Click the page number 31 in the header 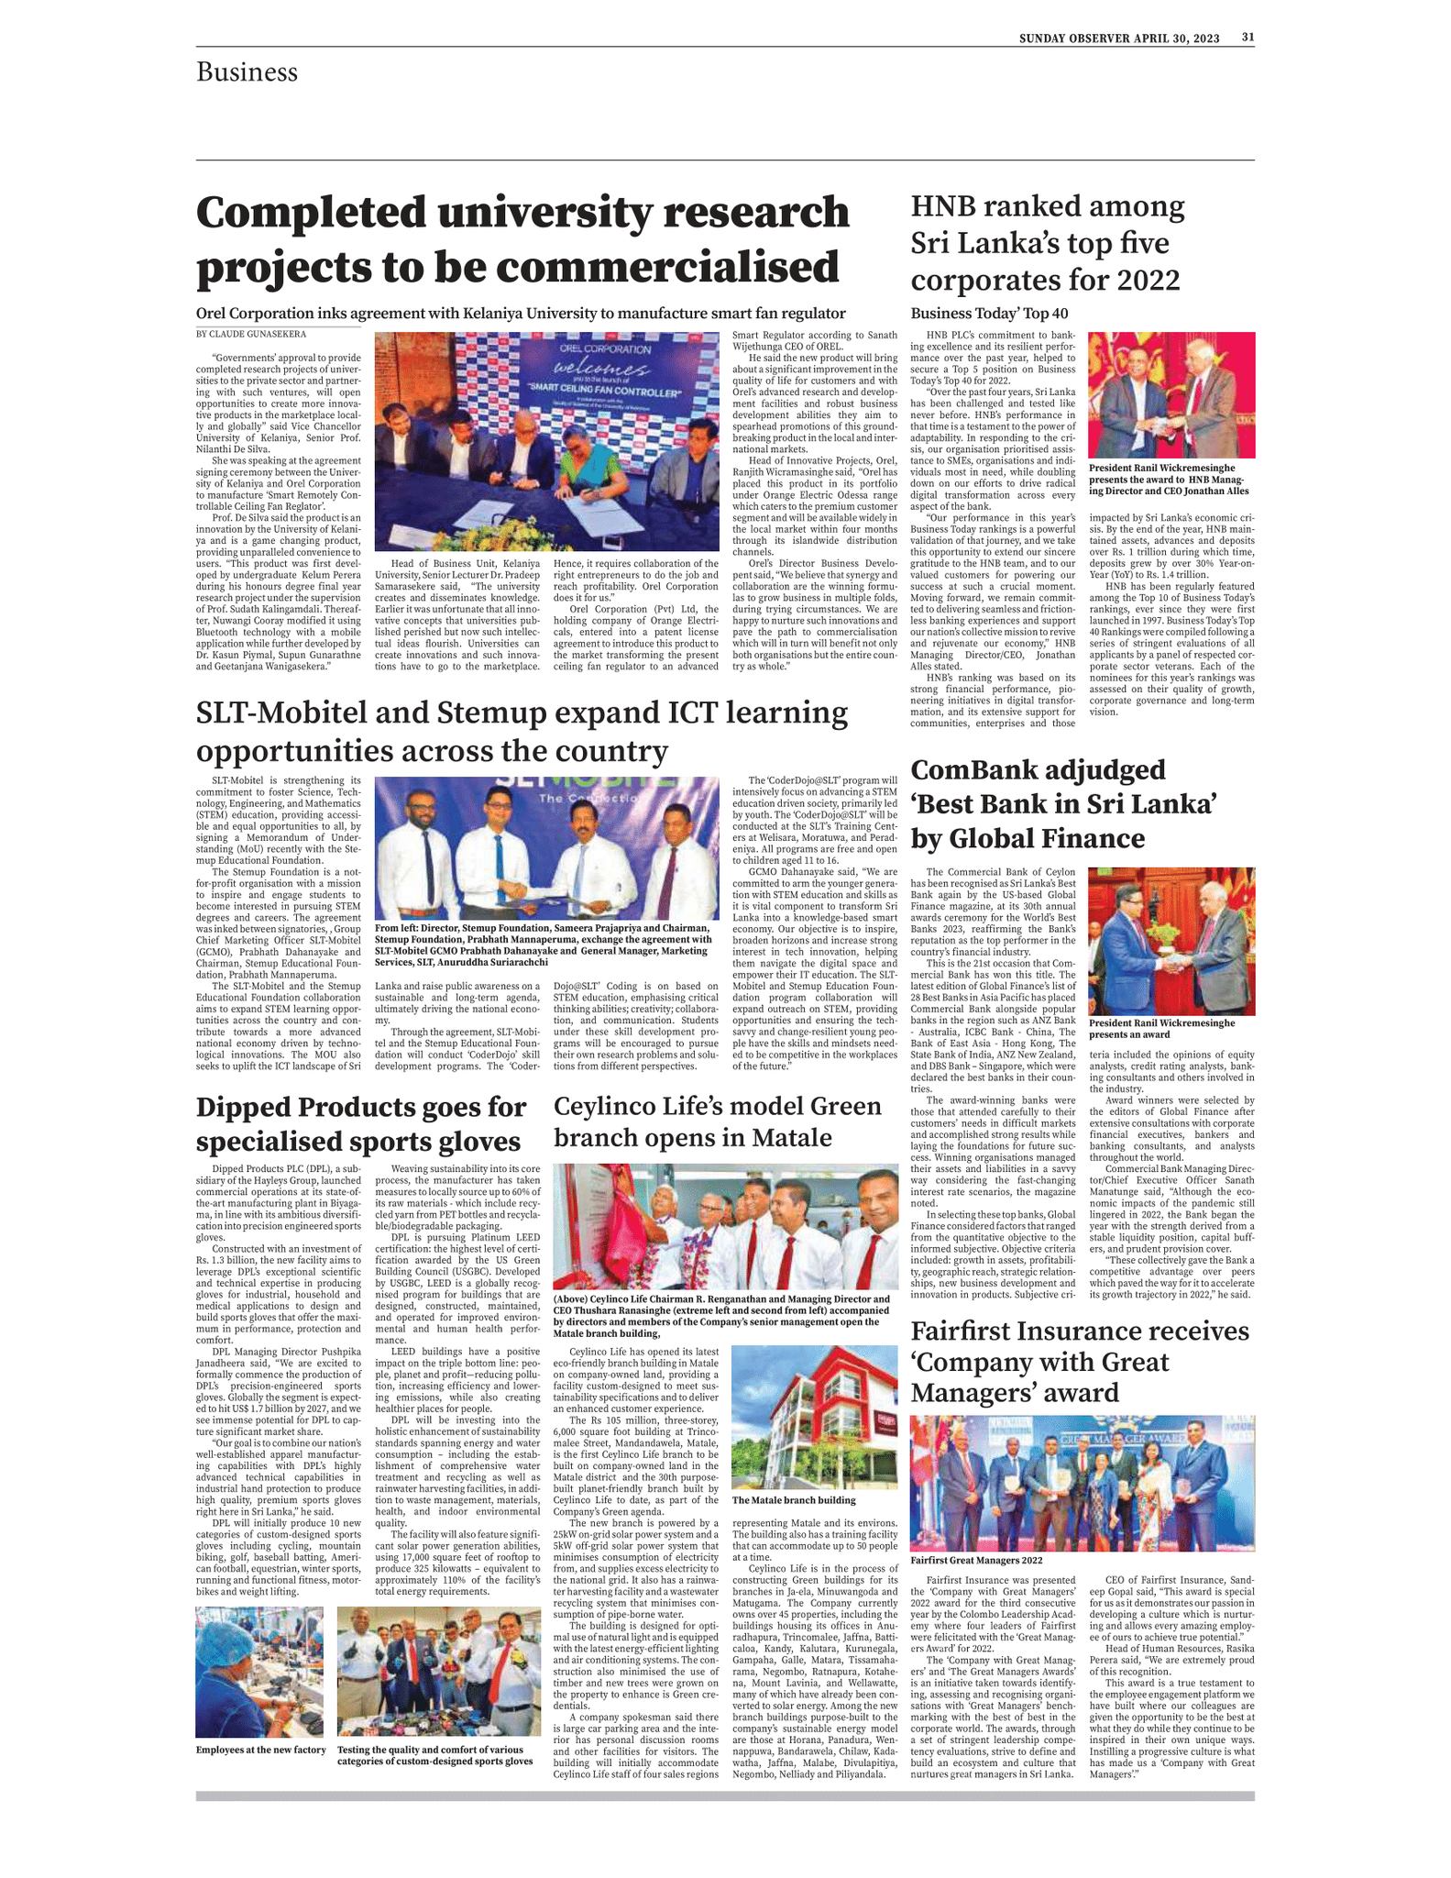point(1248,38)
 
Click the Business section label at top point(247,72)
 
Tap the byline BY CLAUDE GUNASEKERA point(251,335)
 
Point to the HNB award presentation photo point(1171,394)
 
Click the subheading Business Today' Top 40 point(989,314)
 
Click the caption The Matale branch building point(793,1500)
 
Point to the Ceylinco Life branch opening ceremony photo point(725,1227)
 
